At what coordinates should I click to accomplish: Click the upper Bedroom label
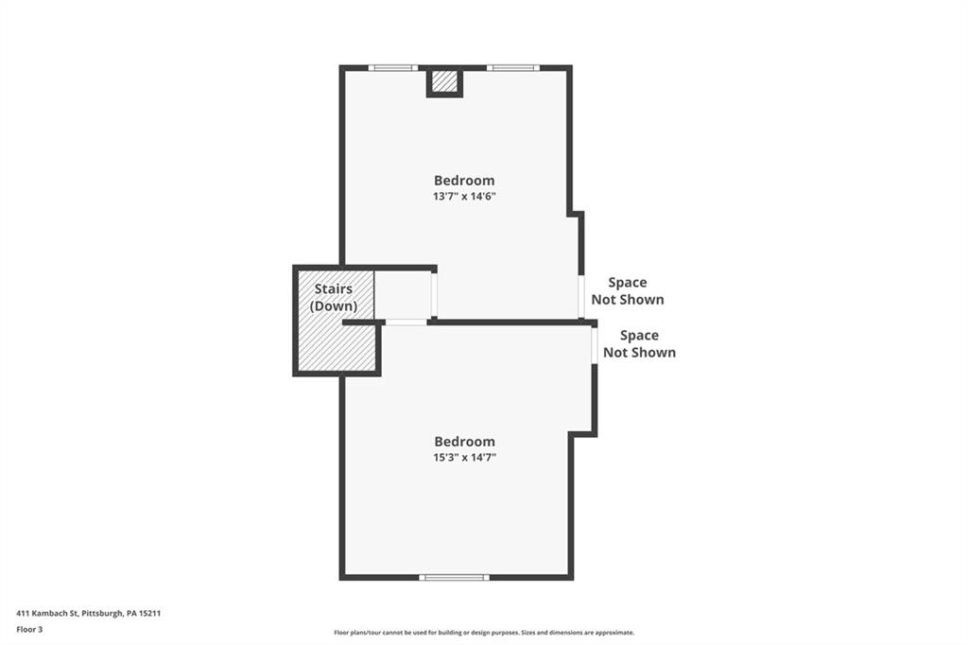(464, 181)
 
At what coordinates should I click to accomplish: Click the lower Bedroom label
(464, 442)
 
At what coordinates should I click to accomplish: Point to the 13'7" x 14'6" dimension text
(464, 197)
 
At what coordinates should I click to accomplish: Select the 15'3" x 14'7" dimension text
(464, 458)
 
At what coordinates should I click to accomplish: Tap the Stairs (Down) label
(334, 298)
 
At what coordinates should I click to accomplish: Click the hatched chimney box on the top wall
(444, 82)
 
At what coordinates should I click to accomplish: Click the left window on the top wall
(392, 68)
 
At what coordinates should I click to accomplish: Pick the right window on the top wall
(513, 68)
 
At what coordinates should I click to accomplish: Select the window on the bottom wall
(455, 577)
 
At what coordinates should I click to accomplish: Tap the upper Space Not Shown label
(628, 290)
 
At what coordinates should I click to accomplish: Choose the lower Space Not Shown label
(639, 343)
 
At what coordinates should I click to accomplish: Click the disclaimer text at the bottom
(483, 633)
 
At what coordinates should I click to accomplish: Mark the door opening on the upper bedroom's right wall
(580, 296)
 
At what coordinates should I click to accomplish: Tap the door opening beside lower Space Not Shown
(595, 344)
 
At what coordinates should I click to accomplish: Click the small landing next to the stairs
(404, 295)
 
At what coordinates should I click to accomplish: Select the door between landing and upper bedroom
(435, 295)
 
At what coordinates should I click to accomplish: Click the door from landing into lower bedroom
(406, 322)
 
